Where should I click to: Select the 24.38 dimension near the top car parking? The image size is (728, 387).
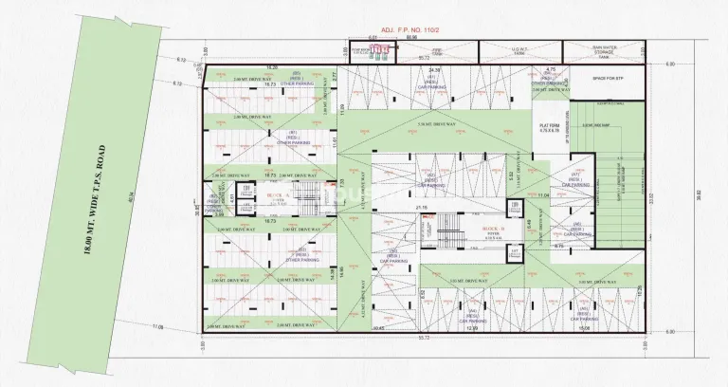[x=435, y=70]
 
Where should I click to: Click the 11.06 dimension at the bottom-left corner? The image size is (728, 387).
[x=157, y=327]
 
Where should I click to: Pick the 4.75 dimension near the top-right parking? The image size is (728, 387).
[x=551, y=70]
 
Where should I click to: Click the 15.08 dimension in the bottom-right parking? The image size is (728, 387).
[x=584, y=328]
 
